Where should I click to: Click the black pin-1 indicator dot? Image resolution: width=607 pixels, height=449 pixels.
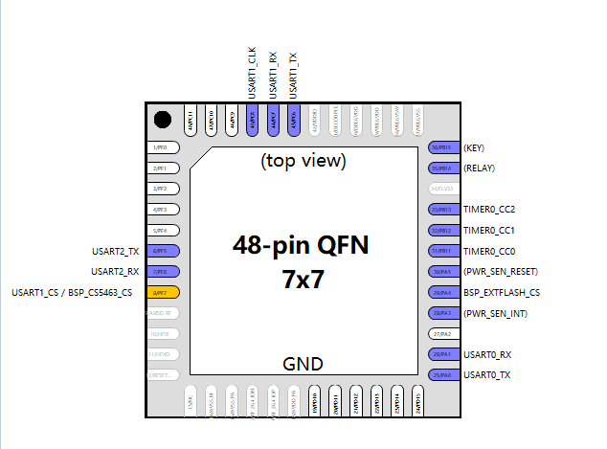[163, 120]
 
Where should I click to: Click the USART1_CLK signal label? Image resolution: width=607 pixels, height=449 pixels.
[253, 75]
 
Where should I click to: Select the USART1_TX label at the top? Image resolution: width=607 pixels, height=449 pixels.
[293, 75]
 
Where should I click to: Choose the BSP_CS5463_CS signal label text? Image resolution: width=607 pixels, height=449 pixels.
[98, 292]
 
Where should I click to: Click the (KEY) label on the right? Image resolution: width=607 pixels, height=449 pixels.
[475, 148]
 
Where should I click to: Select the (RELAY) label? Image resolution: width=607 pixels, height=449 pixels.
[480, 168]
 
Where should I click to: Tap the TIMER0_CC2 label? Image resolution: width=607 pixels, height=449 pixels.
[488, 210]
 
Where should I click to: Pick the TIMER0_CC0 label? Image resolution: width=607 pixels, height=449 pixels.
[488, 251]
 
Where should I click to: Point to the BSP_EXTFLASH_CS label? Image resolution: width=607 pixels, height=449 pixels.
[501, 292]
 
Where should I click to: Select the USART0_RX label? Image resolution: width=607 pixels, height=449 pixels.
[486, 354]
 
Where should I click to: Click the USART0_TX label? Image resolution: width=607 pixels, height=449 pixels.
[486, 374]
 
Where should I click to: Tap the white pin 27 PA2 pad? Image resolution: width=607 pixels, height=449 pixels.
[441, 334]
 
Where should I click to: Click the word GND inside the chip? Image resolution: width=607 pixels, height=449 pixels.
[303, 364]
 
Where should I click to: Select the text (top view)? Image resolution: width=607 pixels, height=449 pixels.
[303, 161]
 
